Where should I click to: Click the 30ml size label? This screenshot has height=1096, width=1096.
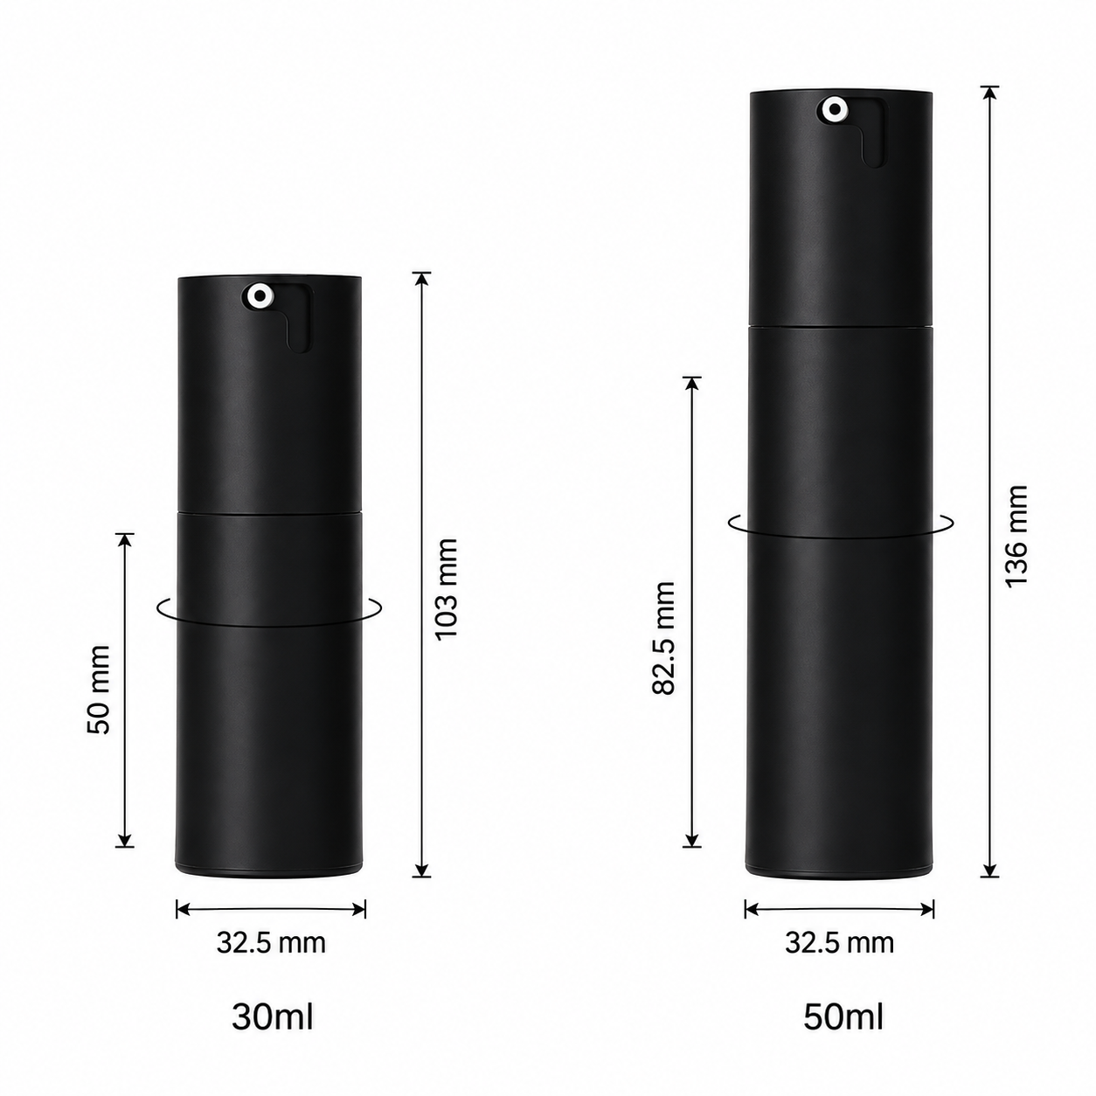272,1017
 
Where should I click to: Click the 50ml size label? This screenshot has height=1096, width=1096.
843,1017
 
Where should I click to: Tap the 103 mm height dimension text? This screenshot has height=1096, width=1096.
447,589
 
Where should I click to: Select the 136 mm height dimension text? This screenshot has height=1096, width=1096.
1016,537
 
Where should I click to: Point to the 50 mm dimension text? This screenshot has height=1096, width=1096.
99,690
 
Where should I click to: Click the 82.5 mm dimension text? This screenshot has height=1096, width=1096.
663,637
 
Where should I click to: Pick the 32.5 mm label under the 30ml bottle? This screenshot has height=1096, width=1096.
271,942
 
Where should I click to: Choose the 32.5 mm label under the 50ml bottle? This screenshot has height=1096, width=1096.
840,942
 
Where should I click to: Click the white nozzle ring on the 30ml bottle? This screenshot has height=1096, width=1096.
260,295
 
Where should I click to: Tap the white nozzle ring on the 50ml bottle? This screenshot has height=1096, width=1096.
835,109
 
